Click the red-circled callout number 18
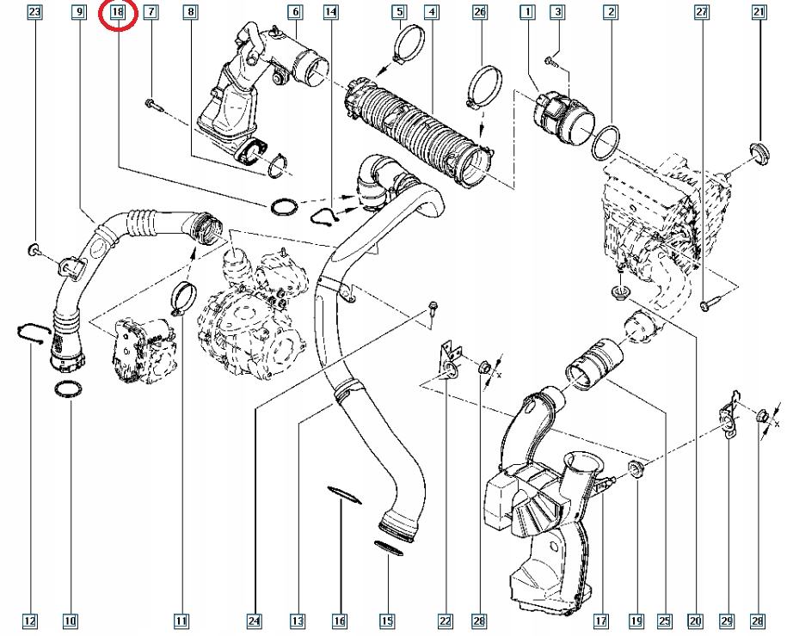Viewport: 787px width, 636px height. [x=118, y=13]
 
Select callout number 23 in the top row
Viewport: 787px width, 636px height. [x=34, y=12]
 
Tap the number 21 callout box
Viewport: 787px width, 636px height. [x=758, y=12]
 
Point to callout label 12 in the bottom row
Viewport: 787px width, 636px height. [x=30, y=620]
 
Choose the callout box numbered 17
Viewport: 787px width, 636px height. [x=599, y=620]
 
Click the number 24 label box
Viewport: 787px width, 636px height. [x=255, y=620]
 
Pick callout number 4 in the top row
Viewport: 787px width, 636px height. [x=431, y=12]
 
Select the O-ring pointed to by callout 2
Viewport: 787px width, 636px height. [x=607, y=140]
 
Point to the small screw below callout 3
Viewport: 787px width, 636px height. [x=550, y=59]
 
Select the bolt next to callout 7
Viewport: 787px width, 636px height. [x=153, y=104]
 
